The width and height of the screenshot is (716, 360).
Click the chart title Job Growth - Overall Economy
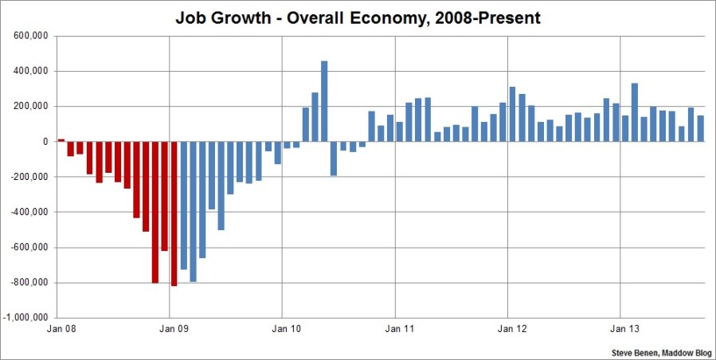358,18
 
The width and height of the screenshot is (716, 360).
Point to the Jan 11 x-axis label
396,328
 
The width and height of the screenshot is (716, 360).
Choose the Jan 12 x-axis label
508,328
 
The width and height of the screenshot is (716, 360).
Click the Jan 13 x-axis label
621,328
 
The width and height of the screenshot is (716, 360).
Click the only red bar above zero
61,140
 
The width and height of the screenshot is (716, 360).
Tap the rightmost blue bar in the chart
700,128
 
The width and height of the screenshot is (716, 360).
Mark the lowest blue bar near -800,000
193,211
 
